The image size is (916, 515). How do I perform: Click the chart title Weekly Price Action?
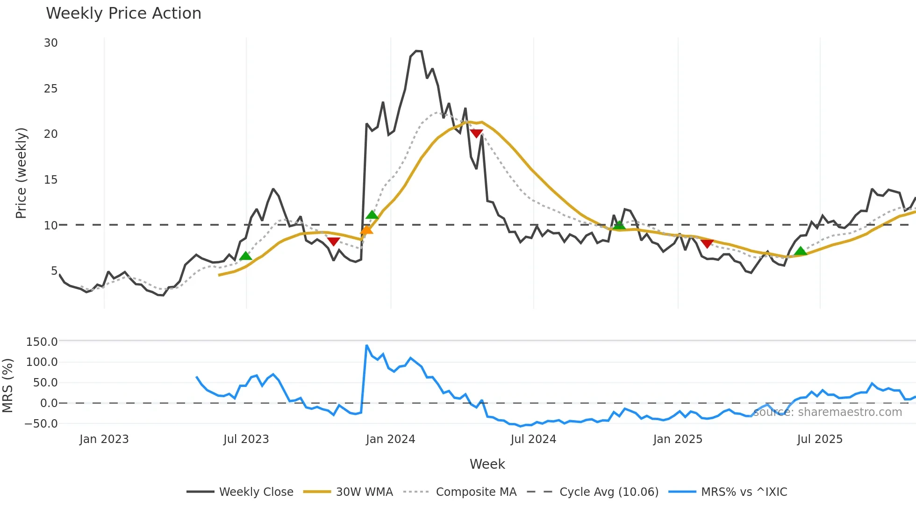pos(123,14)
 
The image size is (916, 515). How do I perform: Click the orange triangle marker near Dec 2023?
pos(366,230)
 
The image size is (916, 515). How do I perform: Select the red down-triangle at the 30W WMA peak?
pos(476,134)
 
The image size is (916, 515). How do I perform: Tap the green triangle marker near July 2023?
pos(245,256)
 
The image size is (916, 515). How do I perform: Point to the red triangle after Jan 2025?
pos(707,244)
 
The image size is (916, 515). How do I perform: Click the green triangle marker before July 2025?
pos(801,251)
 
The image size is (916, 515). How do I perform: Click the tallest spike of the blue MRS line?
pos(367,346)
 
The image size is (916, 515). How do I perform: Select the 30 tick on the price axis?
pos(50,43)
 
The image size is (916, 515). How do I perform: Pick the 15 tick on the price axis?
pos(50,180)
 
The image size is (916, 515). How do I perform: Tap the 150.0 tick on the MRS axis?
pos(42,342)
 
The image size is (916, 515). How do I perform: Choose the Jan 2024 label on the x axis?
pos(390,439)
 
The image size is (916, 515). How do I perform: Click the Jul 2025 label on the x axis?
pos(820,439)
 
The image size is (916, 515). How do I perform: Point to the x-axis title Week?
pos(487,464)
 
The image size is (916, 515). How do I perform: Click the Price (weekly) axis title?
pos(21,173)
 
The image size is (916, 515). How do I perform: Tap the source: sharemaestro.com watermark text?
pos(827,412)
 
